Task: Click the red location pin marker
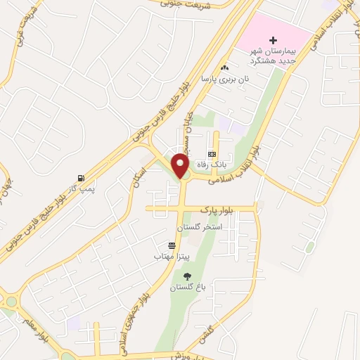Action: pos(181,165)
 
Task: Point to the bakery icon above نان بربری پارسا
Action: pos(224,68)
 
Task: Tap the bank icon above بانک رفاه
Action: pos(212,154)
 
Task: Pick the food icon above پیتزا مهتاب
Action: pos(172,245)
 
